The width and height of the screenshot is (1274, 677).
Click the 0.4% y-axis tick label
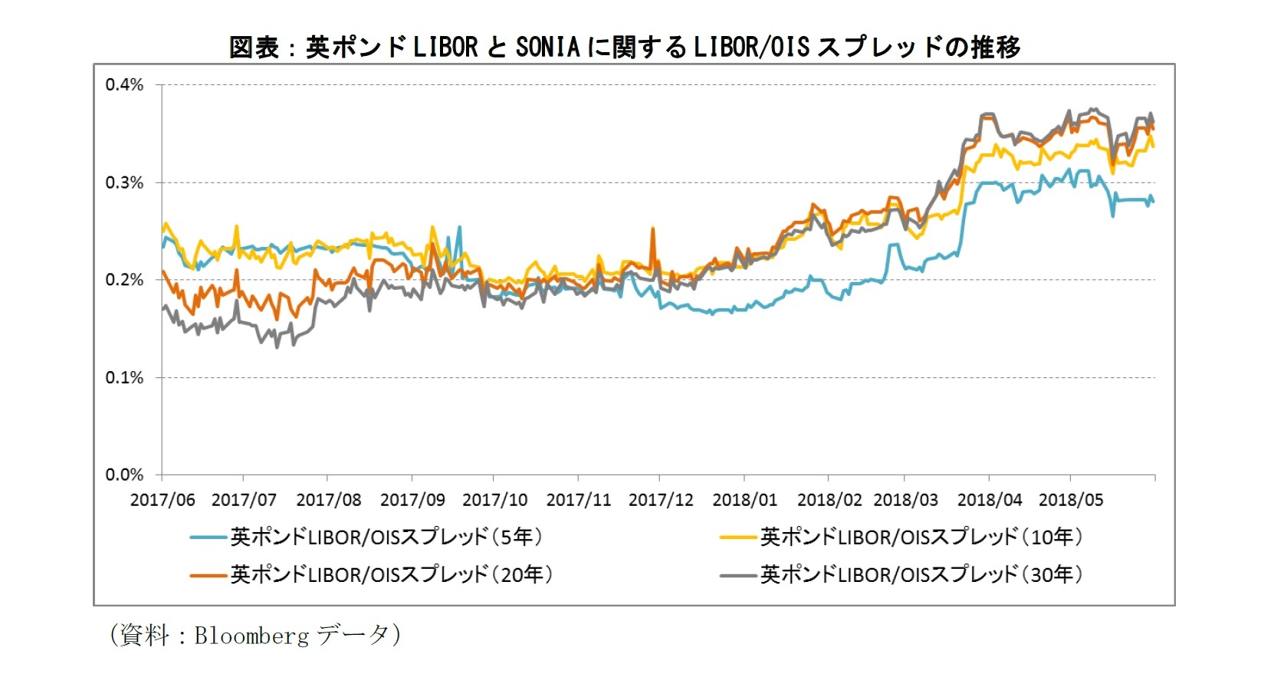pos(124,85)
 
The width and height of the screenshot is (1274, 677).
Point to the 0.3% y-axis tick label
pos(124,182)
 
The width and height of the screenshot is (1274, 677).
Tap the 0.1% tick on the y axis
pos(124,377)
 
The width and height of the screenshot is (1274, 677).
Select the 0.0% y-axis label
pos(124,475)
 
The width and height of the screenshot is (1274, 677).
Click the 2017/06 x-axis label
pos(163,500)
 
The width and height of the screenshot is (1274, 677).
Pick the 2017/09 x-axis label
pos(412,500)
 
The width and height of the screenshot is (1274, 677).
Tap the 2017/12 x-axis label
pos(661,500)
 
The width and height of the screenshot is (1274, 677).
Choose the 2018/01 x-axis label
pos(744,500)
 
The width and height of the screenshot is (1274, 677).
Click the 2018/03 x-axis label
pos(905,500)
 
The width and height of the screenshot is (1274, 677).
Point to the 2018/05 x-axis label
pos(1071,500)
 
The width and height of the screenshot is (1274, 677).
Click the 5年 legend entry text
pos(386,537)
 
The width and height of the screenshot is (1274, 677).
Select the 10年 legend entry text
pos(921,537)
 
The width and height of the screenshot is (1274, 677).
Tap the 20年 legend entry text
pos(391,574)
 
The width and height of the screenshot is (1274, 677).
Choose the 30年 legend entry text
pos(921,574)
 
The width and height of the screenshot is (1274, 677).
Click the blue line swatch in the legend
pos(209,537)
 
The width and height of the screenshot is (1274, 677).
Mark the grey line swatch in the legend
pos(738,575)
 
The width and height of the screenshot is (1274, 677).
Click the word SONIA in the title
pos(547,48)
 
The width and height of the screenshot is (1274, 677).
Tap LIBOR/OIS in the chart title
pos(751,48)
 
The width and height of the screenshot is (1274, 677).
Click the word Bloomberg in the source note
pos(251,635)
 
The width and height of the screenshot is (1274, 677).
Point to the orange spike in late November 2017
pos(652,229)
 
